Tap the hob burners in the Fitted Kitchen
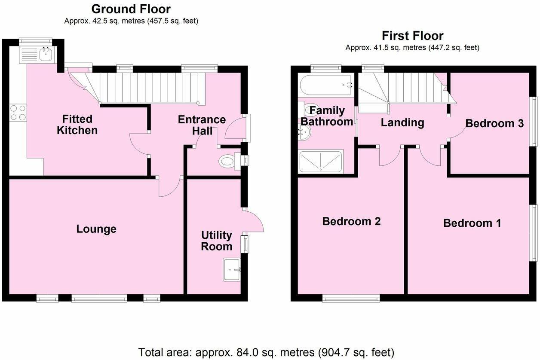point(17,113)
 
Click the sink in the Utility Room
point(232,270)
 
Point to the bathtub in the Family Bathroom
point(325,85)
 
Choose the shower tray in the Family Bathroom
point(321,162)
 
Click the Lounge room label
point(96,229)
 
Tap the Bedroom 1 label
point(472,223)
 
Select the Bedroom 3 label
point(494,124)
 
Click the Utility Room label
point(217,241)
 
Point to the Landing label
point(402,123)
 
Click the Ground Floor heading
point(131,9)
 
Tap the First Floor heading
point(412,35)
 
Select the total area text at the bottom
point(266,352)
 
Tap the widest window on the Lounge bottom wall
point(99,298)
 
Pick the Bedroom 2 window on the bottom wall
point(351,298)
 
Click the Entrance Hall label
point(202,125)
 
